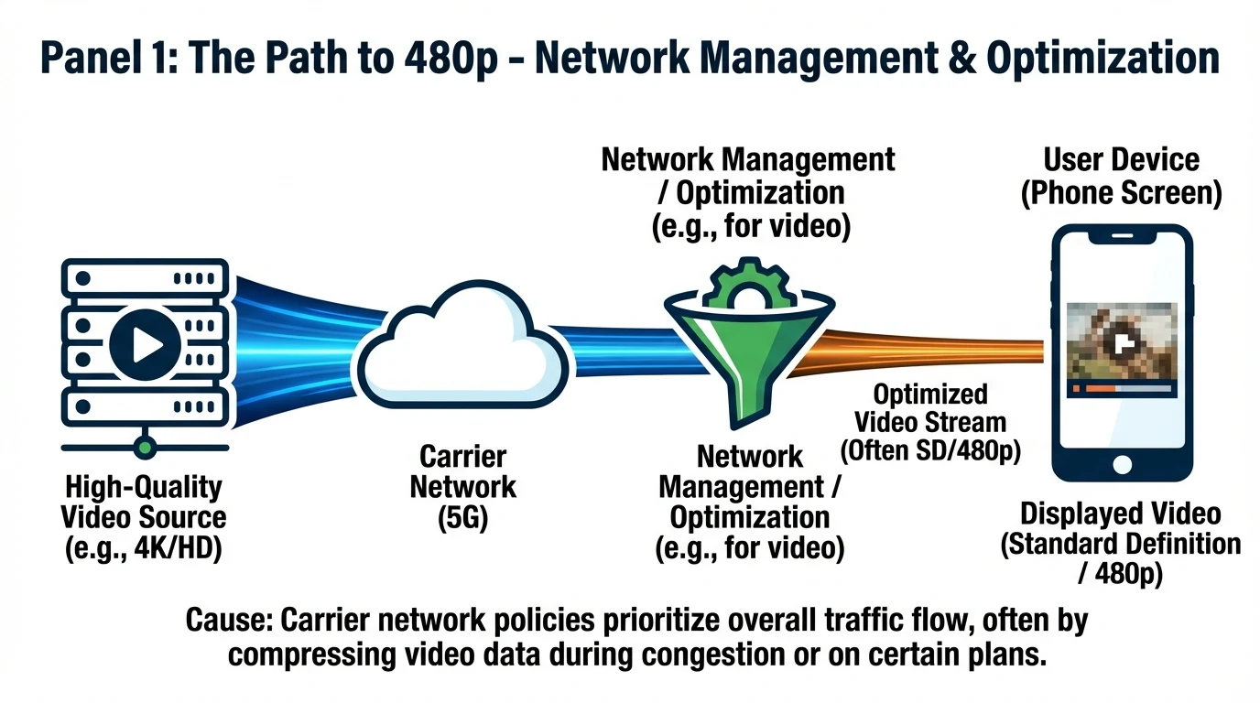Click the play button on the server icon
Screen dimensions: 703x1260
[143, 344]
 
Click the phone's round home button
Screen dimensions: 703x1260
[1123, 466]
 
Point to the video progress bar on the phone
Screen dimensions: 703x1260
[1123, 388]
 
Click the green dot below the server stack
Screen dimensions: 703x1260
[143, 448]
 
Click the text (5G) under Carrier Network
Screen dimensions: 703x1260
[462, 517]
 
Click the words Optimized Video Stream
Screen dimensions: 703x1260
[929, 408]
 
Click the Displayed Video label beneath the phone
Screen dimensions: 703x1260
[1121, 513]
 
